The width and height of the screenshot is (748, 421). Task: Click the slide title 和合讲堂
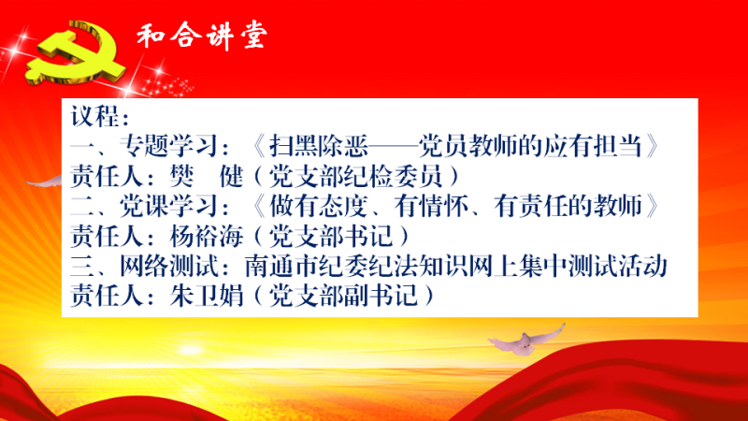(202, 36)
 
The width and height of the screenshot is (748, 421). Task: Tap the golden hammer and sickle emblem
(77, 52)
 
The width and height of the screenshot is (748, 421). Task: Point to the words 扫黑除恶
(319, 146)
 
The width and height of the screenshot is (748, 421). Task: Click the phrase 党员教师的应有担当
(530, 146)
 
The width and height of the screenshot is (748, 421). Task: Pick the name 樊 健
(207, 176)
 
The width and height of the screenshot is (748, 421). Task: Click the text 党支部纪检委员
(356, 176)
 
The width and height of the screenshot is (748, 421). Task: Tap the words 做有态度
(319, 206)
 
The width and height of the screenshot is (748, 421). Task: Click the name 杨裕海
(207, 237)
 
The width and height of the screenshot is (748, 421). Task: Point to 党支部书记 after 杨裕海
(331, 237)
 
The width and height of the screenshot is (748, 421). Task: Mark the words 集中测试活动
(593, 267)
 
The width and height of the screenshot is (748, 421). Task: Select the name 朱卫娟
(207, 296)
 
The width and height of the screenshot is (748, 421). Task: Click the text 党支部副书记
(343, 296)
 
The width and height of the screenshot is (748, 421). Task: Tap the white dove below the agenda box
(526, 340)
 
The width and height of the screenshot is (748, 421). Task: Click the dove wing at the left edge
(44, 181)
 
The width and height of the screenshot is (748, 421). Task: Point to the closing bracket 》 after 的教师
(653, 206)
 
